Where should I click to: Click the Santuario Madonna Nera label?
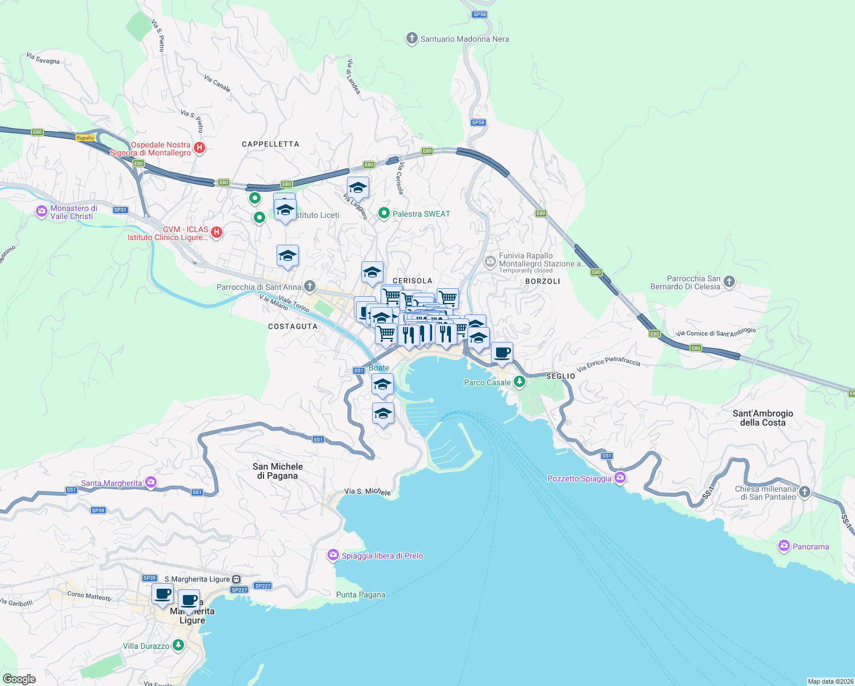(464, 39)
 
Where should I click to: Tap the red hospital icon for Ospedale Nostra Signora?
(199, 147)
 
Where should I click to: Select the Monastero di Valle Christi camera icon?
(41, 212)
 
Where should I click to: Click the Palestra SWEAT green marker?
(384, 213)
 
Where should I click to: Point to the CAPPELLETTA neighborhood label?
(270, 144)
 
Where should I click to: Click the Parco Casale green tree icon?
(519, 381)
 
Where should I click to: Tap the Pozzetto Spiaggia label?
(580, 478)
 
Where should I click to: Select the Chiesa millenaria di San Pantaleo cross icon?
(804, 492)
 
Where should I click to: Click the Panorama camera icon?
(784, 546)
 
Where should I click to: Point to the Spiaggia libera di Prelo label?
(382, 556)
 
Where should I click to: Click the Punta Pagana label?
(361, 595)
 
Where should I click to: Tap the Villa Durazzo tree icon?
(178, 645)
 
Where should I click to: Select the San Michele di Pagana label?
(278, 471)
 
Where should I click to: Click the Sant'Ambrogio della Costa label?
(762, 418)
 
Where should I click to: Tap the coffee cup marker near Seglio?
(502, 353)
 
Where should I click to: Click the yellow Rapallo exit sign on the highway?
(85, 138)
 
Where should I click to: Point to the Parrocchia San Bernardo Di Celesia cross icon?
(729, 281)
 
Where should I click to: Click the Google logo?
(19, 679)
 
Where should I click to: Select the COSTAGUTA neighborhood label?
(293, 326)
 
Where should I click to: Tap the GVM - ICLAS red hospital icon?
(216, 232)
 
